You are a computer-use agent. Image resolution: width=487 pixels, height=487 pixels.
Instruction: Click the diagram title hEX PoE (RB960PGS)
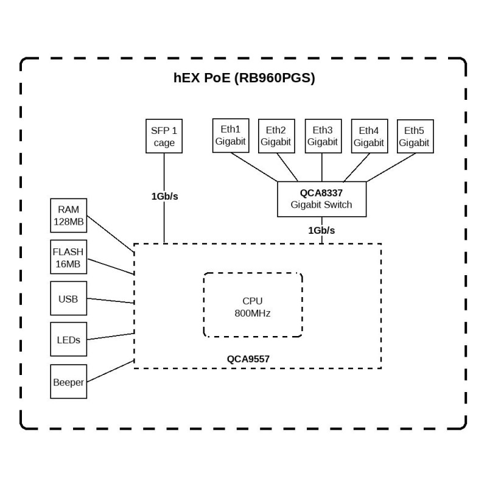click(244, 79)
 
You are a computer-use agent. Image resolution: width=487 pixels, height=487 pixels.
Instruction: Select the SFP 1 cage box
click(164, 136)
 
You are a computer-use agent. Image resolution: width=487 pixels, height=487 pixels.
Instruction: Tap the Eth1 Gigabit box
click(230, 136)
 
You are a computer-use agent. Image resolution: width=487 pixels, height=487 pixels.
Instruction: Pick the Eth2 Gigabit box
click(276, 136)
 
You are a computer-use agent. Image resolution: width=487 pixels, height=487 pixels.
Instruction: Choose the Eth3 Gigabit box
click(322, 136)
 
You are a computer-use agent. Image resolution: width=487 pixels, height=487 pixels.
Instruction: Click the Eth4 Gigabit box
click(369, 136)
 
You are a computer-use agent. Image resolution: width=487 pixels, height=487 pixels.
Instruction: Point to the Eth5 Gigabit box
click(414, 136)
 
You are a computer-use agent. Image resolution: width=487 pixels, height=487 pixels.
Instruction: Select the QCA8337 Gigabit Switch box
click(322, 198)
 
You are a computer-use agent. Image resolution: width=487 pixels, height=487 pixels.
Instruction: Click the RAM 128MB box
click(69, 215)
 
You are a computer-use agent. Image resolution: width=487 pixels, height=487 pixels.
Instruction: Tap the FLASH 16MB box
click(68, 258)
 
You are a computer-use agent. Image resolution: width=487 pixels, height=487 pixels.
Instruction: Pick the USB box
click(69, 299)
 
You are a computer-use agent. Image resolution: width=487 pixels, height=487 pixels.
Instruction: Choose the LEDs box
click(69, 340)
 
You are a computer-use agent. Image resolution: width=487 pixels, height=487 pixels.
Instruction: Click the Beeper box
click(69, 382)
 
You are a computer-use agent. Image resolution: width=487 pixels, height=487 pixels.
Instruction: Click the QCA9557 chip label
click(248, 359)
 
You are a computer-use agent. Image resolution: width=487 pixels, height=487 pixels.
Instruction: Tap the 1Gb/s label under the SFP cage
click(164, 196)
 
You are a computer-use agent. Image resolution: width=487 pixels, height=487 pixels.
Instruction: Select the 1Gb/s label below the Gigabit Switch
click(322, 230)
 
